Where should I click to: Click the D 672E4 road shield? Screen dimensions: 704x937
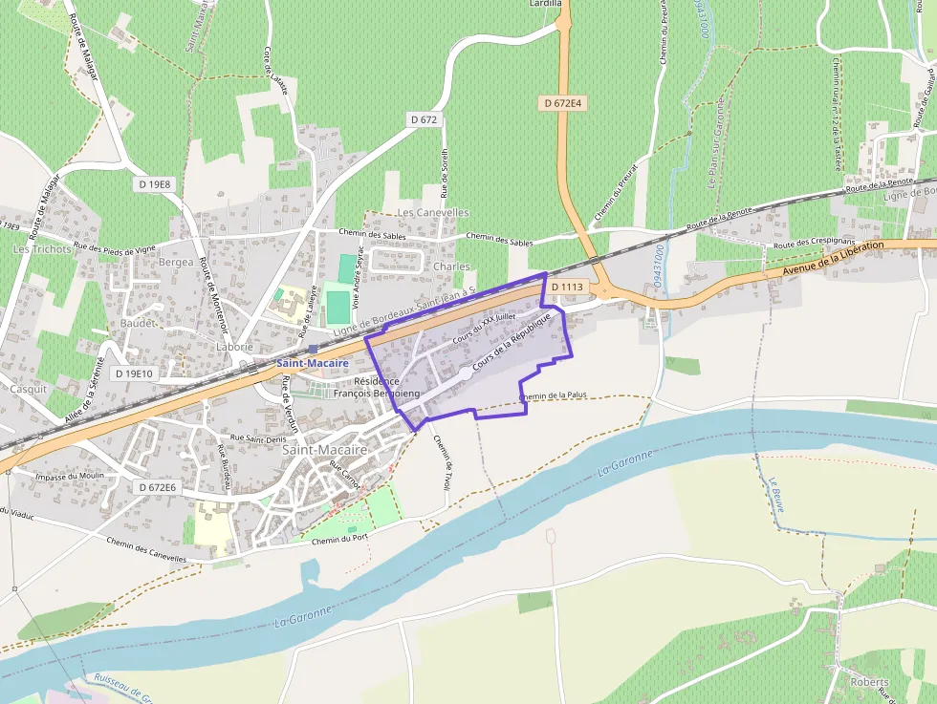click(562, 103)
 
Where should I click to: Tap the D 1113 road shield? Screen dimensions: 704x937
click(566, 287)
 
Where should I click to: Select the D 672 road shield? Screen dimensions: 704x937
click(423, 119)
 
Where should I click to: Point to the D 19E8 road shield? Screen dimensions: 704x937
click(154, 183)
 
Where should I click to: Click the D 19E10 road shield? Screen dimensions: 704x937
click(133, 373)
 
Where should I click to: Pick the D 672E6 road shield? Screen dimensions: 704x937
click(157, 487)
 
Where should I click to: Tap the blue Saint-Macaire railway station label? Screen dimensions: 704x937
click(313, 364)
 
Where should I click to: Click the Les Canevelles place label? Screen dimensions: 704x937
click(433, 212)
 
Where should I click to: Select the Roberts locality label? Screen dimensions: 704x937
click(868, 683)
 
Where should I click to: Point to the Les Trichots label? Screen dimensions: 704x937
click(42, 249)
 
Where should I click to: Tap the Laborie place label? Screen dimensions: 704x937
click(234, 347)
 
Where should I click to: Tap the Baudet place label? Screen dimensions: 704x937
click(138, 324)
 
